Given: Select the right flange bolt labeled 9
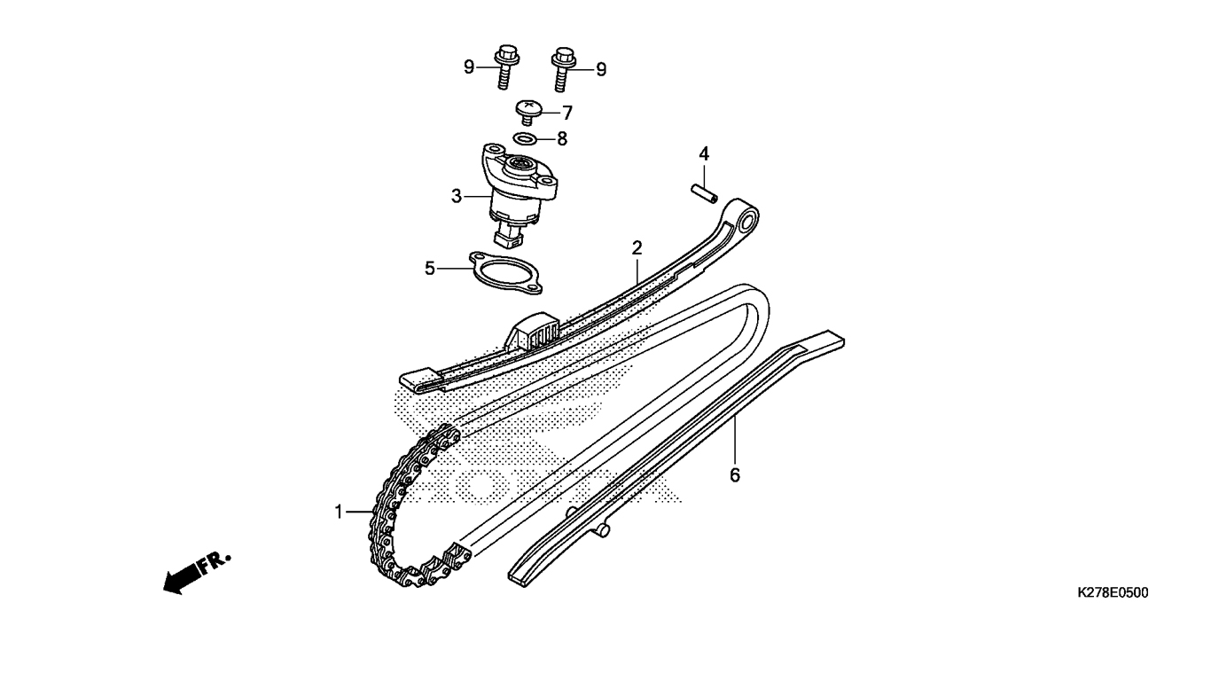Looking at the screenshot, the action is coord(563,68).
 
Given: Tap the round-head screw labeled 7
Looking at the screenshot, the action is coord(528,112).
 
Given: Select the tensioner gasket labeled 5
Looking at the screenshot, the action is coord(505,272).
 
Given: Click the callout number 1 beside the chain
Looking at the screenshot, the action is coord(339,512).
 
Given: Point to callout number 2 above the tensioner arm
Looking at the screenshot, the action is coord(637,248).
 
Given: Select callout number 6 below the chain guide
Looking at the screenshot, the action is coord(735,475).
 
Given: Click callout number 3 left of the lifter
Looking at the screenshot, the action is coord(457,196).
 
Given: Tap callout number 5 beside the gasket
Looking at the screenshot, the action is coord(430,269).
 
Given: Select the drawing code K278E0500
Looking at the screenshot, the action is coord(1113,593).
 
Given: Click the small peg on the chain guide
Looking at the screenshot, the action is coord(603,530).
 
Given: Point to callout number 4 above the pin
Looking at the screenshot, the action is coord(703,154).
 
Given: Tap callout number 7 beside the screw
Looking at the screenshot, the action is coord(567,113).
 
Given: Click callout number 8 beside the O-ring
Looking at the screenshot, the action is coord(562,139).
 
